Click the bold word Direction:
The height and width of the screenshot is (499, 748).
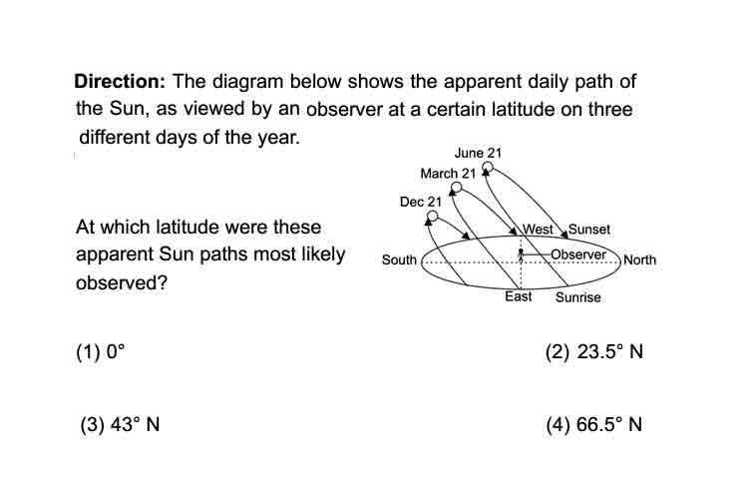click(x=120, y=81)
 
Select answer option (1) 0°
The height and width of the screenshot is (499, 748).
click(x=100, y=352)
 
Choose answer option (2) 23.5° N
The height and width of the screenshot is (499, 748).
click(x=594, y=352)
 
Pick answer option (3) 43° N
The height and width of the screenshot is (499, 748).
click(x=120, y=424)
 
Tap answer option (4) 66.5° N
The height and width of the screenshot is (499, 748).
click(x=594, y=424)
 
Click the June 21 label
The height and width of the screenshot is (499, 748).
click(x=478, y=153)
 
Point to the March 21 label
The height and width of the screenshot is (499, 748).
click(x=448, y=174)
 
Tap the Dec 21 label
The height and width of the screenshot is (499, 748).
click(x=421, y=202)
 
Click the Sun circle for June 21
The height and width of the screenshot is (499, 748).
click(x=487, y=167)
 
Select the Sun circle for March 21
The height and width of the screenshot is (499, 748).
click(x=457, y=187)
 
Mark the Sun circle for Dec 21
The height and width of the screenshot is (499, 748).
click(x=432, y=217)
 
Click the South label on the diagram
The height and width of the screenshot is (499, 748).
click(x=399, y=260)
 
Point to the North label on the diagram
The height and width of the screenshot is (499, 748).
click(x=639, y=260)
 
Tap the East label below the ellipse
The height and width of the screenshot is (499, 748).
click(x=518, y=296)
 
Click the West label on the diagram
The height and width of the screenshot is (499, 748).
click(x=539, y=230)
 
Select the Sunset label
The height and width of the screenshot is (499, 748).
click(x=589, y=230)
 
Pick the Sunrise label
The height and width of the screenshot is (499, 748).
click(x=578, y=297)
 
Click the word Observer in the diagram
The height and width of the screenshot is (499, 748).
click(x=578, y=254)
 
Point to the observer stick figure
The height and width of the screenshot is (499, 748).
click(x=522, y=255)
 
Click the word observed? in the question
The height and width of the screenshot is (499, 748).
click(x=122, y=283)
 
